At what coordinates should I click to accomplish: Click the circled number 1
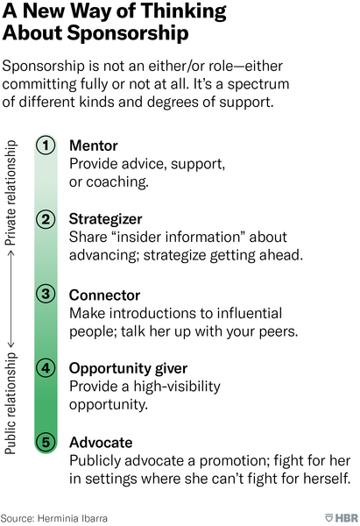pos(46,146)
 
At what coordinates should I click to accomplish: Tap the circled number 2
pos(46,219)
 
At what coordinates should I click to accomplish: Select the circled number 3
pos(46,294)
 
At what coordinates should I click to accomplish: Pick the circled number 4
pos(46,368)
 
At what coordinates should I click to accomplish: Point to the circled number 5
pos(46,442)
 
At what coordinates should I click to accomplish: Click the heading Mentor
pos(94,146)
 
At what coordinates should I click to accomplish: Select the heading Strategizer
pos(106,219)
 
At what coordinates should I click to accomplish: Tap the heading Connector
pos(104,295)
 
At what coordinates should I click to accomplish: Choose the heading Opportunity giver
pos(128,369)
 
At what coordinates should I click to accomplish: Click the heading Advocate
pos(101,443)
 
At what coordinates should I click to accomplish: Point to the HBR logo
pos(342,517)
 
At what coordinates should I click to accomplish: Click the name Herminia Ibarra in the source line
pos(73,518)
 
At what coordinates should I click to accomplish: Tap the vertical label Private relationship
pos(11,193)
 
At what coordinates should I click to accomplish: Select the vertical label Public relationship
pos(11,403)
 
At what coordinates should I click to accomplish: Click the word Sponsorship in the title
pos(128,33)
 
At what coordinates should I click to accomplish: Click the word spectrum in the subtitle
pos(258,84)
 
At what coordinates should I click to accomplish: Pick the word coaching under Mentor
pos(117,182)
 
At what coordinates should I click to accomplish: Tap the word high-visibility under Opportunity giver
pos(177,387)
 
